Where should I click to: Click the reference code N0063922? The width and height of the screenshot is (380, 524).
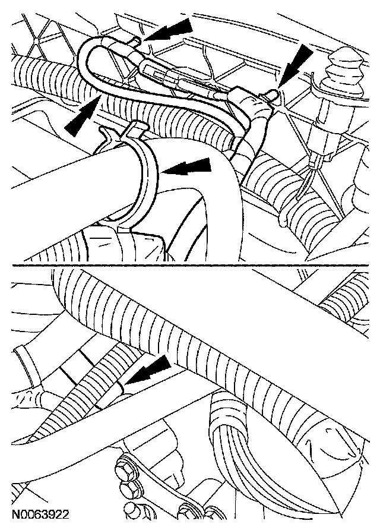[40, 514]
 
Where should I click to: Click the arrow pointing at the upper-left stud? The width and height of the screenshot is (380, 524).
[169, 30]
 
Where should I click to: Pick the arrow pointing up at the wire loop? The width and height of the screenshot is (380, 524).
[84, 114]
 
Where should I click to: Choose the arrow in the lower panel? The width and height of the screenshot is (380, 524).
[147, 370]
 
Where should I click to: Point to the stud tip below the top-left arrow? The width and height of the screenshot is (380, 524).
[137, 42]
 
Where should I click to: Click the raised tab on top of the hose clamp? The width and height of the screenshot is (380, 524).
[135, 130]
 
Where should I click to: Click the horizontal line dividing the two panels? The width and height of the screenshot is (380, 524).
[191, 266]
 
